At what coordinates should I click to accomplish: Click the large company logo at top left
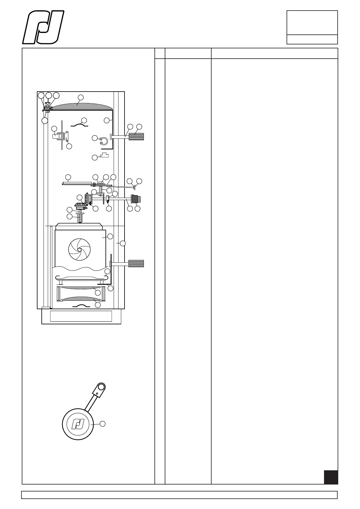click(x=43, y=28)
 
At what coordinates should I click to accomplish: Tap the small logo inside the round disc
click(x=78, y=424)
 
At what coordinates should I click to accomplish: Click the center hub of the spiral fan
click(x=79, y=250)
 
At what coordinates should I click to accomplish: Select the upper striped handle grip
click(x=136, y=137)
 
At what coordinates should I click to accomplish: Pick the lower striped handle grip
click(x=136, y=264)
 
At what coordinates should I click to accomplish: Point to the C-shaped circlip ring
click(x=104, y=141)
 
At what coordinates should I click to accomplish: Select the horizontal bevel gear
click(x=81, y=206)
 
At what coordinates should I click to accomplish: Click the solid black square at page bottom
click(x=331, y=477)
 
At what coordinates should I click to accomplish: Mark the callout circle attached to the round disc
click(x=102, y=424)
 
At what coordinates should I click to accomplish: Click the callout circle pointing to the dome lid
click(x=80, y=97)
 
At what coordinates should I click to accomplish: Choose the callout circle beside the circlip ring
click(x=95, y=138)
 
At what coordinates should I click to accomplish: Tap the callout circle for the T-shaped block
click(x=95, y=157)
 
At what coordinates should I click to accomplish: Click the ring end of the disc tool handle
click(x=101, y=387)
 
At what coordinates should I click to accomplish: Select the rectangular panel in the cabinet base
click(x=81, y=316)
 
